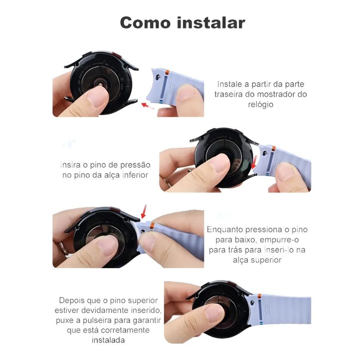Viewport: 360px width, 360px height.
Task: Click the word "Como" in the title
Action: pyautogui.click(x=145, y=23)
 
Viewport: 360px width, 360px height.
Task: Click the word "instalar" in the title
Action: pyautogui.click(x=211, y=22)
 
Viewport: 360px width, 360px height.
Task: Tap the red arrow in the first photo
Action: pyautogui.click(x=148, y=106)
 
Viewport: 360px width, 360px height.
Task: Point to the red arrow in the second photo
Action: pyautogui.click(x=254, y=162)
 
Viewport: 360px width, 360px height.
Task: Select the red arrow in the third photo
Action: pyautogui.click(x=144, y=211)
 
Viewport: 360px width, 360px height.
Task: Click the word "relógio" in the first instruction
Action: pyautogui.click(x=261, y=104)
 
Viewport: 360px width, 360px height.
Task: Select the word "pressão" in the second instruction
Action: pyautogui.click(x=135, y=165)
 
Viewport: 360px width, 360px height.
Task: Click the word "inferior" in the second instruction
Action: pyautogui.click(x=135, y=175)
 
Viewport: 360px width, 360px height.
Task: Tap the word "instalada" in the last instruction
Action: pyautogui.click(x=108, y=340)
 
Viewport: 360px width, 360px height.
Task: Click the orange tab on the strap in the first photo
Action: pyautogui.click(x=167, y=72)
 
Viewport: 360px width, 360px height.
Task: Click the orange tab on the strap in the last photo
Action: pyautogui.click(x=260, y=297)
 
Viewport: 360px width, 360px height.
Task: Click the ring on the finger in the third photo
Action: pyautogui.click(x=63, y=248)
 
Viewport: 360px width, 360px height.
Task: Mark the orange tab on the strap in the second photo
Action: pyautogui.click(x=274, y=148)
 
